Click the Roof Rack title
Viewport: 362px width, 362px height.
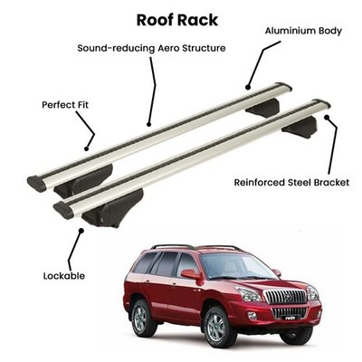pos(177,20)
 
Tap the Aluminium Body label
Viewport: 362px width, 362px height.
pos(303,31)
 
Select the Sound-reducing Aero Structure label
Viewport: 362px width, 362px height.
pos(151,48)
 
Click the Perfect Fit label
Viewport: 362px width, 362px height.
pos(65,105)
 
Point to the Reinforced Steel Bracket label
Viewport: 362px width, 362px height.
pos(291,183)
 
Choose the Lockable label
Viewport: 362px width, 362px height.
pos(64,276)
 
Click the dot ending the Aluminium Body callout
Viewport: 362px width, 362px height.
pos(248,88)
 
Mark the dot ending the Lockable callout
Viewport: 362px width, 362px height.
pos(81,231)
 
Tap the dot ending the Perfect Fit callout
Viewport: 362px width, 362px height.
pos(87,148)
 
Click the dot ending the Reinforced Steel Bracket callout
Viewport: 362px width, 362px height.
pos(327,117)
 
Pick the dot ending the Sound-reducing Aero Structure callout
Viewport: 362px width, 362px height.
pos(148,124)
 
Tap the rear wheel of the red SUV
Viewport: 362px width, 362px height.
pos(142,314)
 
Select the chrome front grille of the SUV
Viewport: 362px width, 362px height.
pos(284,297)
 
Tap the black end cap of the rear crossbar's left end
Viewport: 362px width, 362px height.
pos(36,184)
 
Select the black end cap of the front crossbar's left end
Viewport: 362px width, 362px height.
pos(63,210)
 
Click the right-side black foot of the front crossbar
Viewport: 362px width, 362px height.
pos(300,128)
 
